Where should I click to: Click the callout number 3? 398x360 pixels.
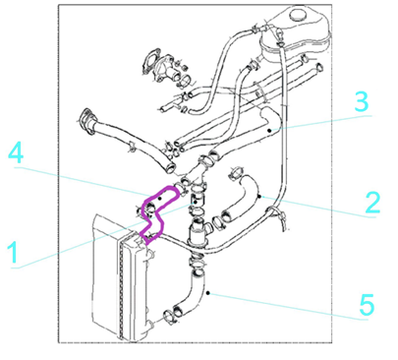point(362,101)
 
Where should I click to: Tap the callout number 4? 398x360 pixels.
point(16,153)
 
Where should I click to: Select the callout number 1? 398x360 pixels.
point(13,252)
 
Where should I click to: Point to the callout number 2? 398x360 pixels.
point(372,203)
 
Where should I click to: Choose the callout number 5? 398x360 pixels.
point(367,305)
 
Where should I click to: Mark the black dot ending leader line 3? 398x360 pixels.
point(269,131)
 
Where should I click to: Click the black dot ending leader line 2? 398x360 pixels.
point(259,197)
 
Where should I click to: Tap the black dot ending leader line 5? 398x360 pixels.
point(208,293)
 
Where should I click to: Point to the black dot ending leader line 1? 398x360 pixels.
point(196,203)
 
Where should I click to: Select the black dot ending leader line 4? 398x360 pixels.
point(160,198)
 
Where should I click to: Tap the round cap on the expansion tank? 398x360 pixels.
point(298,15)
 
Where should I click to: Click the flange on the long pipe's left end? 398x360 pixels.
point(85,121)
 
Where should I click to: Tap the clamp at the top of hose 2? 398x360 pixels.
point(235,173)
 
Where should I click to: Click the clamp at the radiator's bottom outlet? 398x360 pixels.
point(170,316)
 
